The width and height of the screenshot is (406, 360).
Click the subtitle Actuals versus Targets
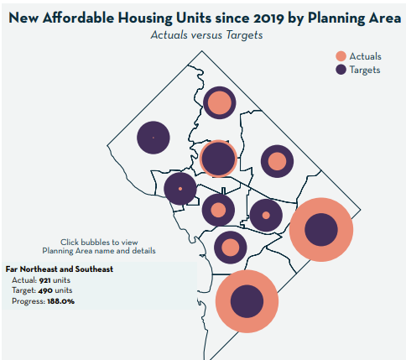coord(202,36)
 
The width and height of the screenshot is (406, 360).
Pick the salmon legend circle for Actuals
coord(340,55)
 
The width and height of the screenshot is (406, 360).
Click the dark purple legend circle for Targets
coord(340,70)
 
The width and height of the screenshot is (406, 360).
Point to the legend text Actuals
coord(365,55)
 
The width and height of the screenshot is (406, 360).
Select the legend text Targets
coord(366,70)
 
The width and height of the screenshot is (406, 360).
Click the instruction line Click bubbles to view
coord(98,241)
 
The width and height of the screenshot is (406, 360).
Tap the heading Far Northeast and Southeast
coord(60,269)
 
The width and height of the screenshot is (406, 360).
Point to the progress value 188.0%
coord(61,300)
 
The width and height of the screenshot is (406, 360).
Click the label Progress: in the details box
coord(28,300)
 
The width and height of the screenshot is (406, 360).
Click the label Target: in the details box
coord(24,290)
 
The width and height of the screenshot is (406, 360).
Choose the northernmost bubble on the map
coord(218,104)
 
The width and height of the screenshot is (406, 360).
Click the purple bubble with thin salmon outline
coord(218,158)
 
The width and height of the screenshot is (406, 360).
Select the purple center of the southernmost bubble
coord(247,301)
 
